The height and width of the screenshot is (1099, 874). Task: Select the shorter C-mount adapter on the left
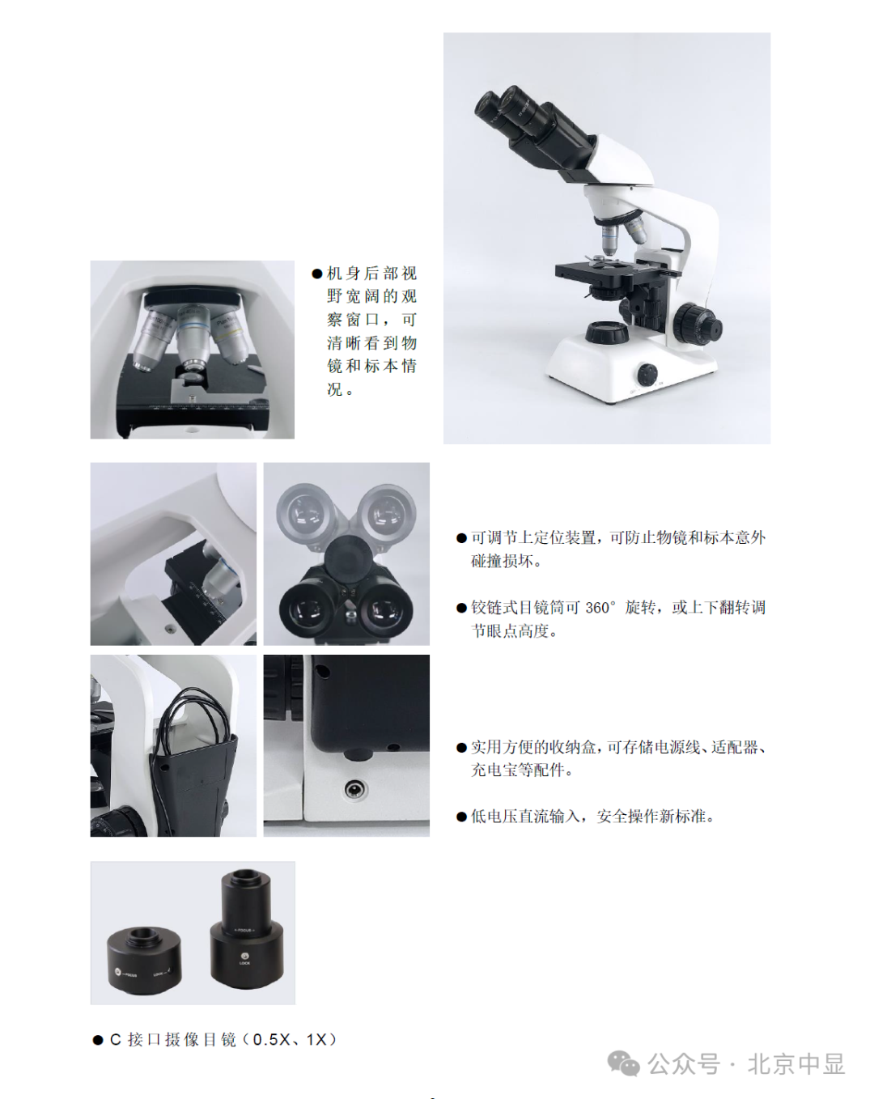click(x=144, y=961)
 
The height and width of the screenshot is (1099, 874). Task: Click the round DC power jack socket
click(x=355, y=790)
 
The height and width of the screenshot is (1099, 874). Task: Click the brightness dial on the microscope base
click(x=647, y=375)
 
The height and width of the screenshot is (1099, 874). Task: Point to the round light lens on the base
click(x=606, y=332)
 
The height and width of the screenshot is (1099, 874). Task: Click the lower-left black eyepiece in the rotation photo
click(x=305, y=609)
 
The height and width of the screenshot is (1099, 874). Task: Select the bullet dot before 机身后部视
click(x=317, y=274)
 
